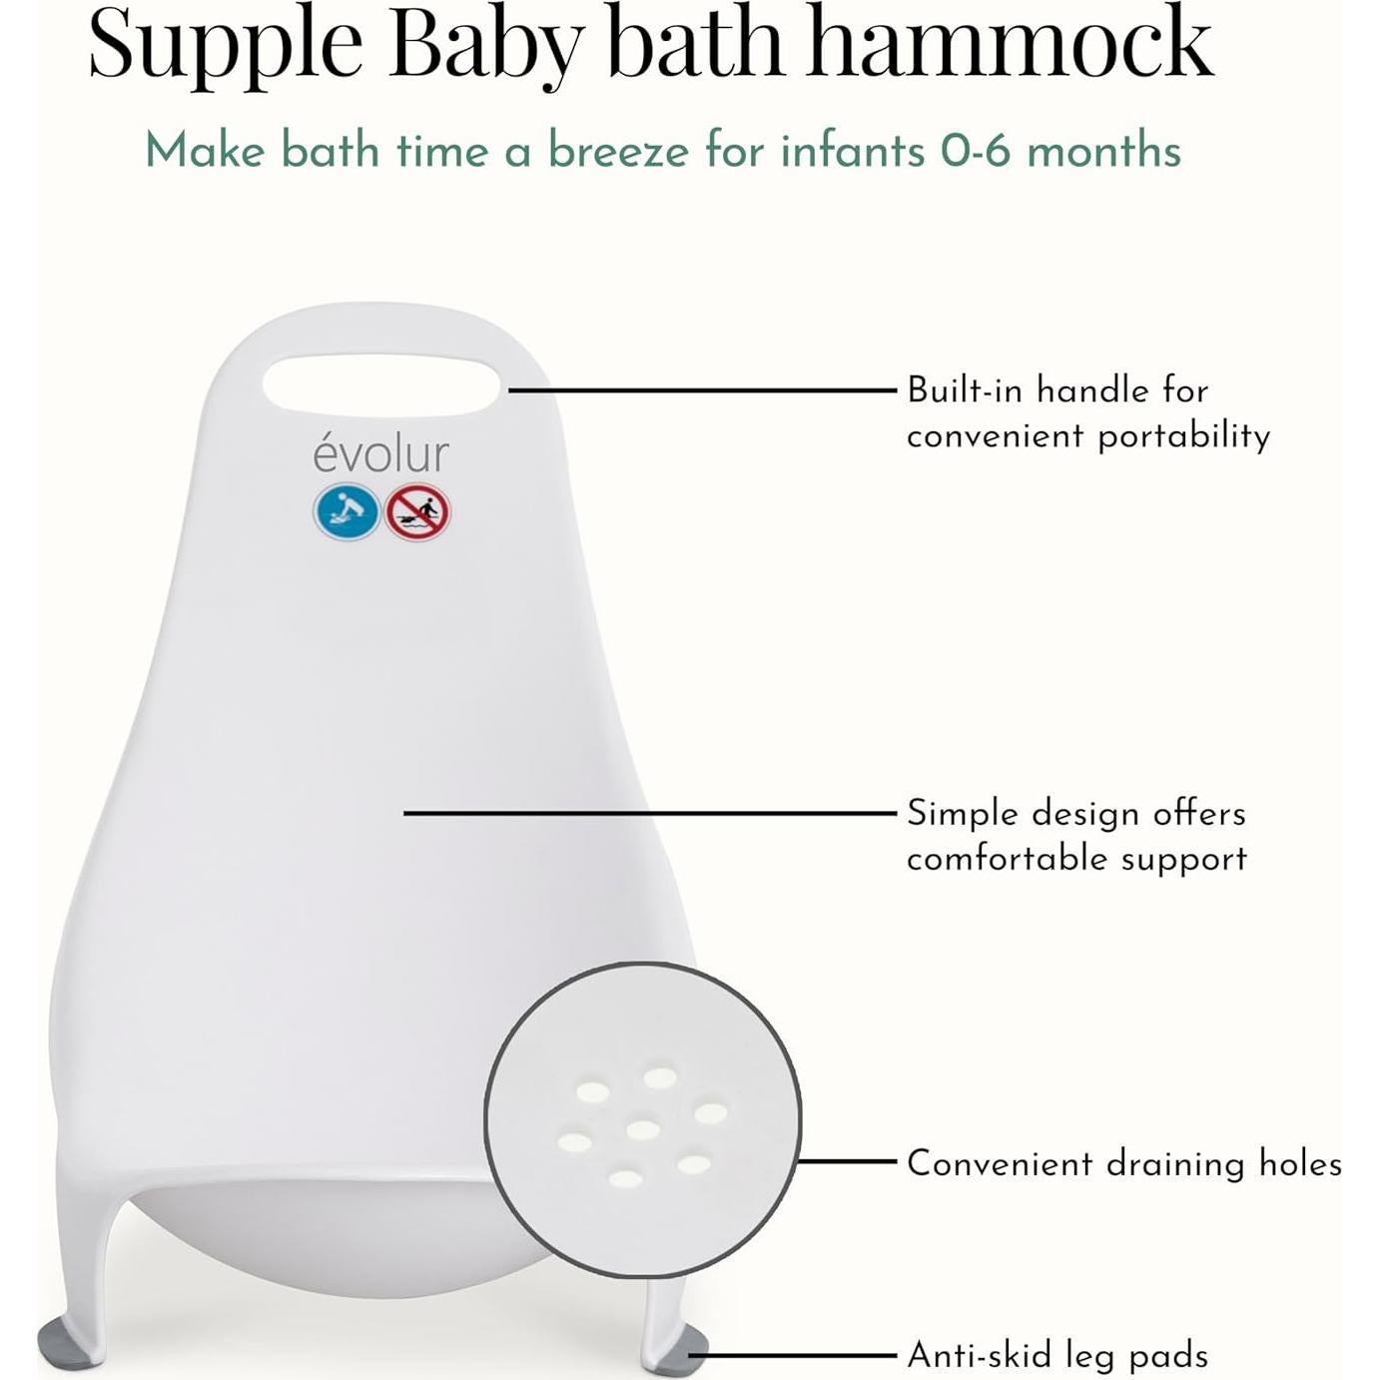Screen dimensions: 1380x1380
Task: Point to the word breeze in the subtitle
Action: pos(618,152)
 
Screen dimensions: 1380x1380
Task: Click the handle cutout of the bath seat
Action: pos(380,384)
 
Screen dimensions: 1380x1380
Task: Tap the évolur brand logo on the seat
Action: pos(380,454)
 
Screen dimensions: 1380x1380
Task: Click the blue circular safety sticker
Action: pos(346,512)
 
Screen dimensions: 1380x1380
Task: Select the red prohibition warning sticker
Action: pos(417,512)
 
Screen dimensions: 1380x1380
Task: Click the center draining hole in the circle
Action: pos(643,1129)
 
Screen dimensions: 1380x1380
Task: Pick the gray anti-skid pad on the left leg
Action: pos(70,1343)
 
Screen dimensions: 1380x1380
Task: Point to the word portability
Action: pos(1183,435)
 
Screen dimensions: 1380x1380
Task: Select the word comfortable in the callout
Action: pos(1007,859)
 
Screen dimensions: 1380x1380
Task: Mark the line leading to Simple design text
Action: pos(649,813)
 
